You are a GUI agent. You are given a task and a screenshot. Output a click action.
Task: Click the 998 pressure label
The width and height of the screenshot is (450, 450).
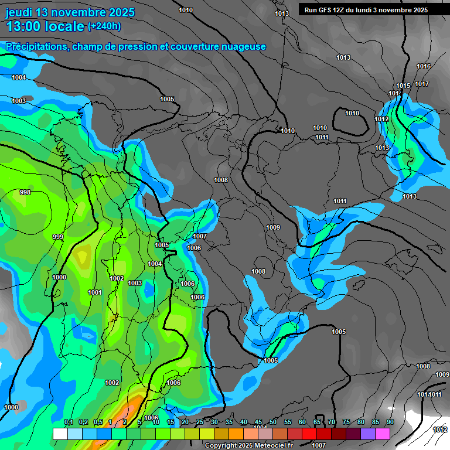[x=25, y=192]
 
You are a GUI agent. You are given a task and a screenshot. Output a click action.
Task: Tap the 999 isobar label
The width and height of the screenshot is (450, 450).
[x=58, y=237]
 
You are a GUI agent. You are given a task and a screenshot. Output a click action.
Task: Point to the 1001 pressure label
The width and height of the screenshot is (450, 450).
[x=94, y=292]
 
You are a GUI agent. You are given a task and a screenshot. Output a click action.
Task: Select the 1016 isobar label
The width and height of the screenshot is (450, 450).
[x=424, y=66]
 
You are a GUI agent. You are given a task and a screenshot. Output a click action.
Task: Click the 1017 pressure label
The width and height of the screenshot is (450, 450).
[x=422, y=84]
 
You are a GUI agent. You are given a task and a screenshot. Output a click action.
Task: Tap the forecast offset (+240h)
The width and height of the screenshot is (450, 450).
[x=104, y=26]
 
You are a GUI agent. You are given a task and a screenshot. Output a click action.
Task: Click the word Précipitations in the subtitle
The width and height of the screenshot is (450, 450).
[x=36, y=46]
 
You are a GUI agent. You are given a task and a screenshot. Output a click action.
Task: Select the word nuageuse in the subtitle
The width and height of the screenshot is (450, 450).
[x=242, y=46]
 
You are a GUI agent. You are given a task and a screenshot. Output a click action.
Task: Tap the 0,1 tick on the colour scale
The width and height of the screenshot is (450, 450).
[x=68, y=422]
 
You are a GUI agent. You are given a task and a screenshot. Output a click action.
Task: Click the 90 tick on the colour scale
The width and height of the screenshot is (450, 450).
[x=390, y=422]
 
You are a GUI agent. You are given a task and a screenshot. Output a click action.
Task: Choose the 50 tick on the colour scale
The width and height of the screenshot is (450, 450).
[x=273, y=422]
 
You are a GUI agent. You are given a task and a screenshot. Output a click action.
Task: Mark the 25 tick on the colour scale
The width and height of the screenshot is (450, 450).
[x=200, y=422]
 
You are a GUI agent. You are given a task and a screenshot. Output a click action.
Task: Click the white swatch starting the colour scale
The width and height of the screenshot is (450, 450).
[x=60, y=434]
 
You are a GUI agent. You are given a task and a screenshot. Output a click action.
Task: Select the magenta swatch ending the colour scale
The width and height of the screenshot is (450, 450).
[x=382, y=434]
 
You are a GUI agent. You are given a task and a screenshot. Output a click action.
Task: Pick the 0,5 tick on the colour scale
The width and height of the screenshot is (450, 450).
[x=97, y=422]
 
